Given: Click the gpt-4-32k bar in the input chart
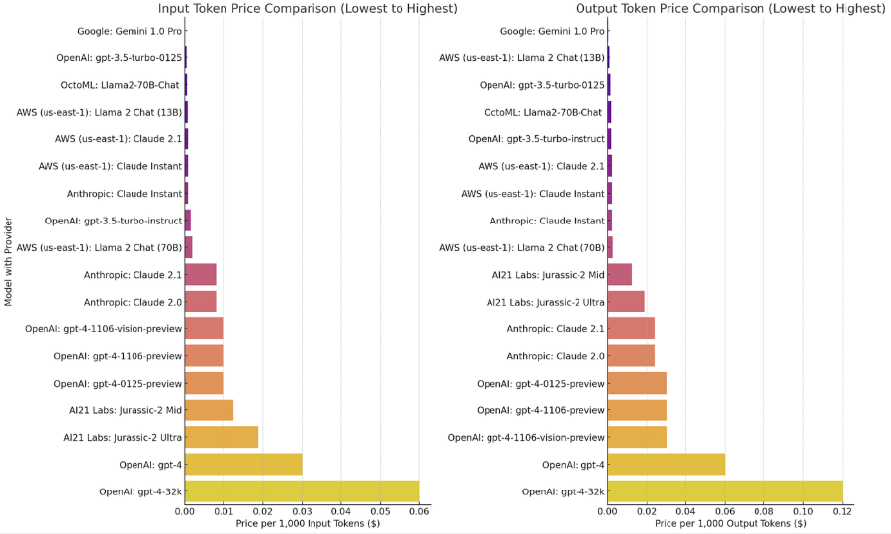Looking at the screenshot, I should click(x=302, y=490).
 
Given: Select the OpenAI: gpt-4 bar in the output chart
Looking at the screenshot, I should click(x=666, y=465).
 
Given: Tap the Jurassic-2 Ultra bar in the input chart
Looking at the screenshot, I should click(x=222, y=437).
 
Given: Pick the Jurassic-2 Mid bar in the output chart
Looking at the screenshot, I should click(x=619, y=274).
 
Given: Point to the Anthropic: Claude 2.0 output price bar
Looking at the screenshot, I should click(x=631, y=356).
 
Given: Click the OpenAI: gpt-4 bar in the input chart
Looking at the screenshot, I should click(x=243, y=465).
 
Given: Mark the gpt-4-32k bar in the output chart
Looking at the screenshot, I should click(x=725, y=490).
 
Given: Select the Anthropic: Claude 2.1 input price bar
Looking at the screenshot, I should click(x=201, y=274).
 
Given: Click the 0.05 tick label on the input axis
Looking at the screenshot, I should click(x=381, y=511).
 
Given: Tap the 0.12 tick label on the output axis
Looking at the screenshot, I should click(x=842, y=511).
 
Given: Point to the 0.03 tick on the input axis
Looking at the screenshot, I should click(x=303, y=511).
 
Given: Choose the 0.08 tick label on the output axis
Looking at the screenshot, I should click(x=763, y=511).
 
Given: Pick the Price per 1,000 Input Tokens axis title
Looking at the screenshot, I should click(x=307, y=523).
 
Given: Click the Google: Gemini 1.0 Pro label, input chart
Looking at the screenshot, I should click(x=126, y=31).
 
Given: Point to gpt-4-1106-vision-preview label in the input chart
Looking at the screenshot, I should click(x=104, y=328).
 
